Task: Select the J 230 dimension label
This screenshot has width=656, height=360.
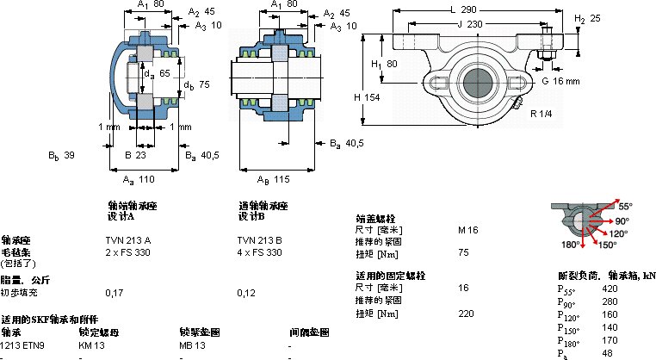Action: [468, 24]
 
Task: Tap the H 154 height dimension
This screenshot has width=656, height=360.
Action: [367, 97]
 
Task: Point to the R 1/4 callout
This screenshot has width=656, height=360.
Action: [542, 114]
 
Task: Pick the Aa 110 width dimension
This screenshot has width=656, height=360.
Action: [139, 179]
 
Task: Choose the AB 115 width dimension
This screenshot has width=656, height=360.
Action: [275, 179]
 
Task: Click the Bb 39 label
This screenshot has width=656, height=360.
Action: [63, 155]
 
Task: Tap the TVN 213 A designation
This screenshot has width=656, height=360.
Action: [127, 239]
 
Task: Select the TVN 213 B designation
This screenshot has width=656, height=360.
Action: [260, 239]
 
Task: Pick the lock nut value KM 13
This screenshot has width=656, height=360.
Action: [91, 344]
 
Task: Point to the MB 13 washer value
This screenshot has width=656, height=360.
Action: [192, 344]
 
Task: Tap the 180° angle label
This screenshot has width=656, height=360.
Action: [570, 245]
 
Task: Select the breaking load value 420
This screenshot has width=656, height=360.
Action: [610, 289]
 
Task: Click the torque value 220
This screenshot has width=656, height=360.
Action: [466, 313]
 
